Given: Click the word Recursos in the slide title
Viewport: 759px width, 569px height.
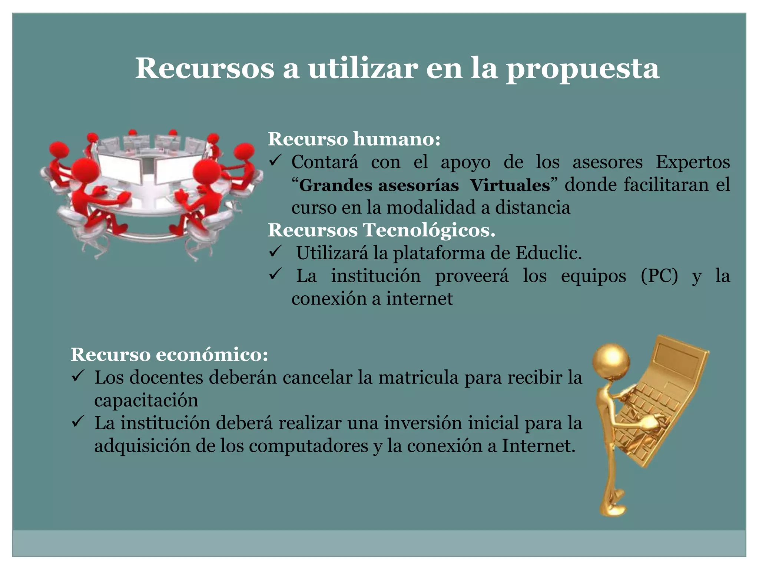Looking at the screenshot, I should coord(205,69).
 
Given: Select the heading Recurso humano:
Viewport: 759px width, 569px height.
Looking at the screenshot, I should coord(354,139).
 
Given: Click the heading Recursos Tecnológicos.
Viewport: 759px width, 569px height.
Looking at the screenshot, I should coord(381,230).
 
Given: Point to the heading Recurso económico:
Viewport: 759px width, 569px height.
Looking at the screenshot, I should coord(169,355).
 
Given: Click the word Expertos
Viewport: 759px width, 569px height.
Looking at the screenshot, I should coord(693,162).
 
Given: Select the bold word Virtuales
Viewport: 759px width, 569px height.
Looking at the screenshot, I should coord(510,185).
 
